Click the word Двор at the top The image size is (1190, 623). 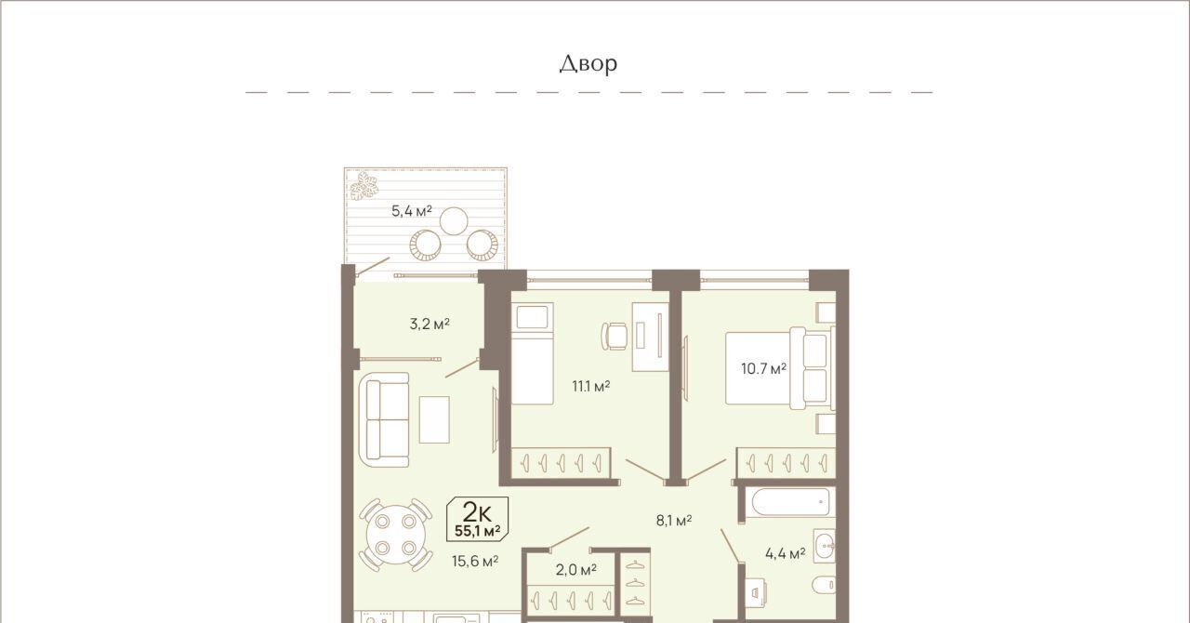(x=588, y=64)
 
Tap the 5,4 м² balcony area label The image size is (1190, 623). (x=412, y=211)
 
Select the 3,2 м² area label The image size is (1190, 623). (x=430, y=324)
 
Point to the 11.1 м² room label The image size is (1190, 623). (x=590, y=386)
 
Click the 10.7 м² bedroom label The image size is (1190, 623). (x=764, y=368)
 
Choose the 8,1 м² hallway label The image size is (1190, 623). (x=674, y=521)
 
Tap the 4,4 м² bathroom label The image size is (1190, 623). (x=786, y=553)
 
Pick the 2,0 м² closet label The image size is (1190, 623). (x=575, y=570)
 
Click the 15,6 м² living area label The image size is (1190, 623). (x=475, y=561)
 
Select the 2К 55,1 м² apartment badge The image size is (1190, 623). (x=478, y=519)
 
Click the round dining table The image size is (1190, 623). (x=396, y=535)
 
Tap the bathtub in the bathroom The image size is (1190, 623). (x=790, y=502)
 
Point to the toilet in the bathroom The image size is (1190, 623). (x=824, y=585)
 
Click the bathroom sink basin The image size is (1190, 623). (x=824, y=546)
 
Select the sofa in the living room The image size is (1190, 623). (x=384, y=419)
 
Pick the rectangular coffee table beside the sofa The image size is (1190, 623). (x=434, y=420)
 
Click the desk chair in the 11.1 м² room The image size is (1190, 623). (x=615, y=336)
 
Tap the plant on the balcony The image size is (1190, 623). (x=364, y=186)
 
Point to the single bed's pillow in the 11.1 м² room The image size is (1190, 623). (x=533, y=317)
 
